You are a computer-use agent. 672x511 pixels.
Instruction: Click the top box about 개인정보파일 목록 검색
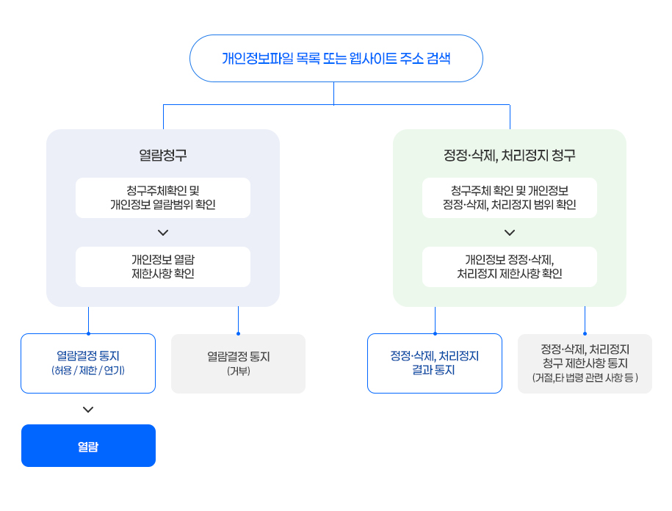[336, 58]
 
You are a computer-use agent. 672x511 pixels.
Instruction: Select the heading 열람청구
[163, 155]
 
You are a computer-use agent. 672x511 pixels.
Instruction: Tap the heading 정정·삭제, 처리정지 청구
[510, 155]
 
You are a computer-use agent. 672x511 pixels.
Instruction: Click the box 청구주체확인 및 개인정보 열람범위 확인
[163, 197]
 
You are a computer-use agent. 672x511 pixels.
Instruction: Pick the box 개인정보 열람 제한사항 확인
[163, 267]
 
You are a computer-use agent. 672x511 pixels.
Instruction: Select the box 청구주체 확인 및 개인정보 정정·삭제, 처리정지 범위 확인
[510, 197]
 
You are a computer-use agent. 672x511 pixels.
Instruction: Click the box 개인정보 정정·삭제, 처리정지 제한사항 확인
[510, 267]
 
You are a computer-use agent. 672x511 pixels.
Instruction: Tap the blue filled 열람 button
[88, 446]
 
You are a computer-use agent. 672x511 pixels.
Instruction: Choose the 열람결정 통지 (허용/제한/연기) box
[88, 363]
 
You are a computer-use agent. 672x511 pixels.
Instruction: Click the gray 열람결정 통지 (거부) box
[238, 363]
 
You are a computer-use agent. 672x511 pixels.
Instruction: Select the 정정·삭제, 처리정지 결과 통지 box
[435, 363]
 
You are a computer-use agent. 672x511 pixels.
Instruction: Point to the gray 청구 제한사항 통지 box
[585, 363]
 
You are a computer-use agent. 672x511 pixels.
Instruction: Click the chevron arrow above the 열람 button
[88, 410]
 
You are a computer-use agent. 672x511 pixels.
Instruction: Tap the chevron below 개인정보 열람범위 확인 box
[163, 233]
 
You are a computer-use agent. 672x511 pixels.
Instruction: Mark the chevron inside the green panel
[510, 233]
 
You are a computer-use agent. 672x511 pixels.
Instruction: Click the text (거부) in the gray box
[238, 371]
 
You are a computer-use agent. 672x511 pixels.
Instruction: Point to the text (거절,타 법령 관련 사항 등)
[585, 377]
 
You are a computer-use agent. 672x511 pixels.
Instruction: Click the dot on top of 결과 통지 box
[435, 333]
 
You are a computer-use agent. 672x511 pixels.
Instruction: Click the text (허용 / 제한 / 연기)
[88, 371]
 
